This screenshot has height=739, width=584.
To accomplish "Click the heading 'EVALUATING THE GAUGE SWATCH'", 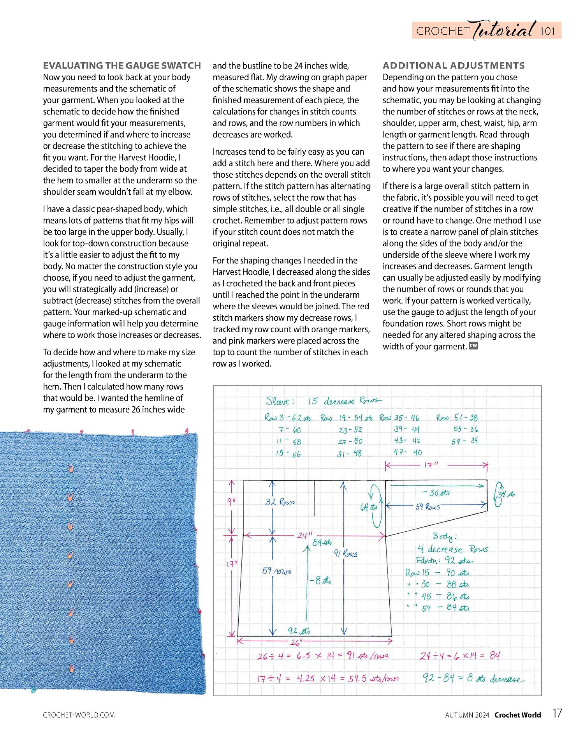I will (x=122, y=65).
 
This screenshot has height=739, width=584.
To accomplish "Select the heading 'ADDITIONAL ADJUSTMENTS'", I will (x=454, y=65).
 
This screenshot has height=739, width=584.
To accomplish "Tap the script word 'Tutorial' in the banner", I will (x=504, y=30).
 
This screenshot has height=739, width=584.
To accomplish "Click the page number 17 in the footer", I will (x=557, y=713).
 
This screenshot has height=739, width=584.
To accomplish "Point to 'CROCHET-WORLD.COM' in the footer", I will (x=79, y=715).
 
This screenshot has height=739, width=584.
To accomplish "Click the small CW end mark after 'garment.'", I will (x=473, y=346).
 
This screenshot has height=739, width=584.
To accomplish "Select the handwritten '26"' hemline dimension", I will (x=296, y=642).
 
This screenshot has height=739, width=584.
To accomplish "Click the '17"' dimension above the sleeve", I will (x=431, y=465).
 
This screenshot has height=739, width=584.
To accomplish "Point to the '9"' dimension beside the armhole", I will (x=231, y=501).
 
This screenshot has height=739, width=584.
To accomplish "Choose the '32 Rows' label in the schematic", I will (x=280, y=502).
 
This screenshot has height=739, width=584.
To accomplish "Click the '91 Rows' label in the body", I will (x=346, y=553).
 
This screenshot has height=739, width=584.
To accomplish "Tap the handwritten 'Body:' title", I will (x=445, y=537).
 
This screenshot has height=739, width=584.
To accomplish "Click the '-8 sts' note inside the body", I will (x=320, y=580).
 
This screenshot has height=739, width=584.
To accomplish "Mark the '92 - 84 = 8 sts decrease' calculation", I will (x=473, y=678).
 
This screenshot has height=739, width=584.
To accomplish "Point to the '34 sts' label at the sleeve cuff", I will (x=506, y=494).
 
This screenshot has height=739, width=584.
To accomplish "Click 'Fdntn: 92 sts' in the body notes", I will (x=445, y=561).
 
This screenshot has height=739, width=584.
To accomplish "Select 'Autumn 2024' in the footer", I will (x=467, y=715).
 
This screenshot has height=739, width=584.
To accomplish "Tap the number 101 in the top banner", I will (x=547, y=31).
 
